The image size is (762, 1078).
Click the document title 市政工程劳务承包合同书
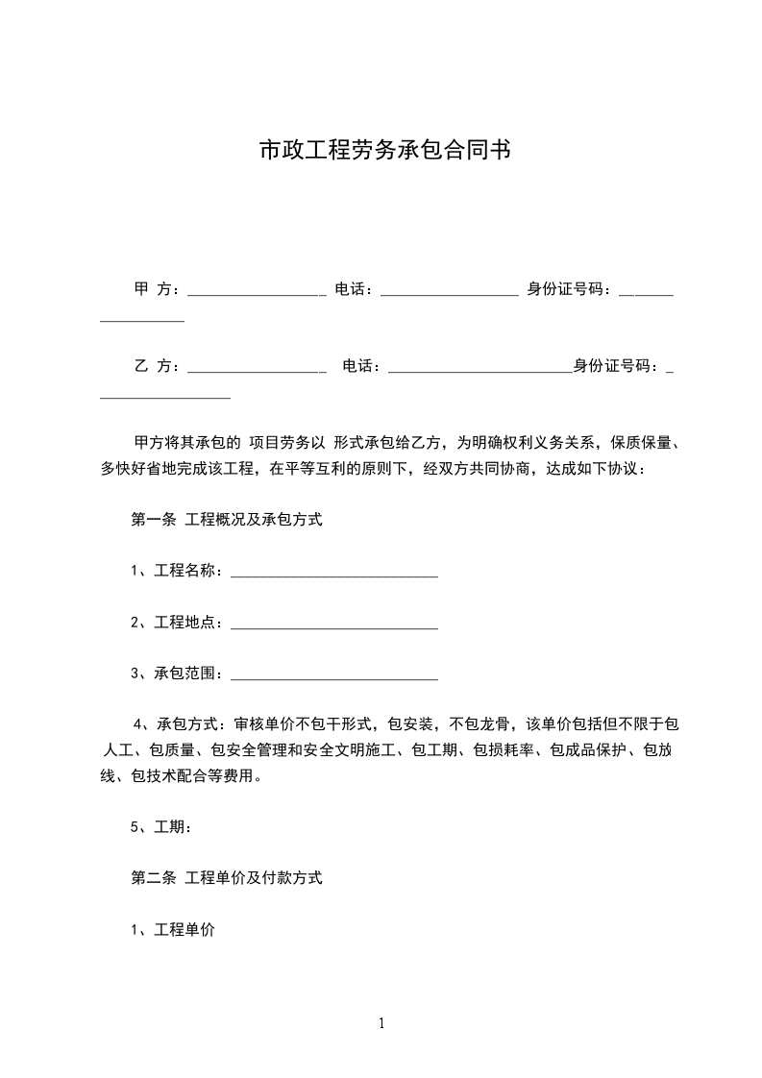pyautogui.click(x=384, y=151)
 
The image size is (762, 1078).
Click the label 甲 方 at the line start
pyautogui.click(x=152, y=288)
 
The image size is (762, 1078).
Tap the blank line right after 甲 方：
pyautogui.click(x=257, y=292)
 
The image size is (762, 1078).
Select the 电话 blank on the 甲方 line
pyautogui.click(x=449, y=292)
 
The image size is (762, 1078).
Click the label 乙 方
pyautogui.click(x=152, y=365)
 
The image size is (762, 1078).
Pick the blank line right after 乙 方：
pyautogui.click(x=257, y=369)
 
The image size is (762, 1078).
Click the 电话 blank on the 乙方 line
pyautogui.click(x=479, y=369)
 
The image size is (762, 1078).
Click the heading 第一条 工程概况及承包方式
pyautogui.click(x=226, y=520)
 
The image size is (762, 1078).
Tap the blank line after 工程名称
pyautogui.click(x=334, y=575)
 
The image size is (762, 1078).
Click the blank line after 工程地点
pyautogui.click(x=334, y=626)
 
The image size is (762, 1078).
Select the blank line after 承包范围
pyautogui.click(x=334, y=677)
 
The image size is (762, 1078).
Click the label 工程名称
pyautogui.click(x=188, y=571)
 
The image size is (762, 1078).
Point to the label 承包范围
pyautogui.click(x=188, y=674)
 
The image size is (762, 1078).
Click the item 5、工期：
pyautogui.click(x=166, y=826)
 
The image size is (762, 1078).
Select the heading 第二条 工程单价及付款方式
pyautogui.click(x=226, y=877)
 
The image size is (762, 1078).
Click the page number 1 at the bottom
pyautogui.click(x=381, y=1023)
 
